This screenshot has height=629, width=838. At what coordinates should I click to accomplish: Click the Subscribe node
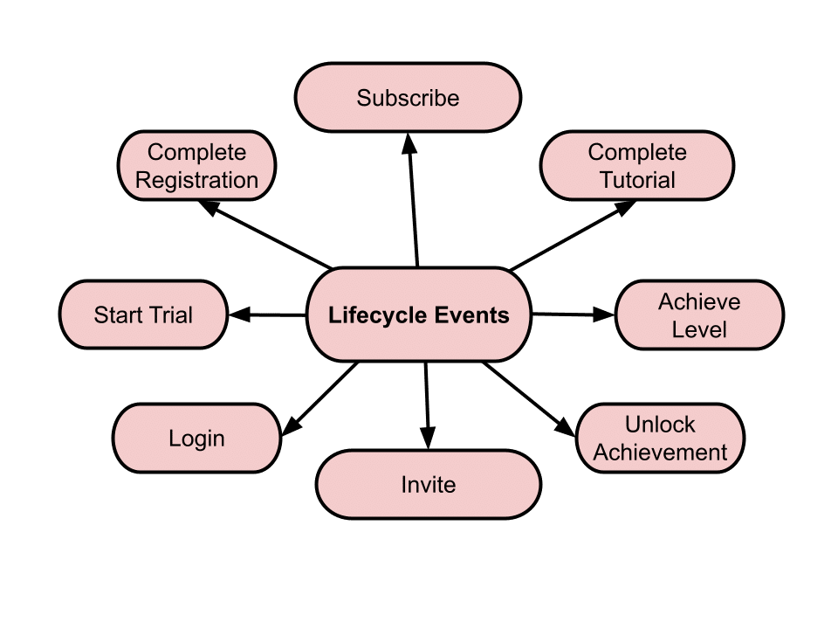pos(408,97)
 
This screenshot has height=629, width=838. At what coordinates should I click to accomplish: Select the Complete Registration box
pos(196,166)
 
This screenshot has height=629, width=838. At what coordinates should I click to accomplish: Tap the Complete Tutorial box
pos(636,166)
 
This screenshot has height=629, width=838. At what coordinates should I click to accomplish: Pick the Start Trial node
pos(143,314)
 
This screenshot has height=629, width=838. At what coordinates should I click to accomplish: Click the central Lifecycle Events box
pos(419,314)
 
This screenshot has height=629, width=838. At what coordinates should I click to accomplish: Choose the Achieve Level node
pos(698,315)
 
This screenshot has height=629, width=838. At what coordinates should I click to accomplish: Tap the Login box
pos(196,438)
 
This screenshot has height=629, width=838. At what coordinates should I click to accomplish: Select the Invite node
pos(428,484)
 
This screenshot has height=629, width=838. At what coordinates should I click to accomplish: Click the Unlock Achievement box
pos(660,438)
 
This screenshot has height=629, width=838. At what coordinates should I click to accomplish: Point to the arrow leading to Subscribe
pos(412,201)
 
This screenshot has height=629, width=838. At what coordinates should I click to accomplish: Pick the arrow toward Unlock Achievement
pos(528,398)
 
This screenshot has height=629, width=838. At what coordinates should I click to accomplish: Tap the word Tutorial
pos(636,180)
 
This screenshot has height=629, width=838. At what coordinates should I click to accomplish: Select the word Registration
pos(196,180)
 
